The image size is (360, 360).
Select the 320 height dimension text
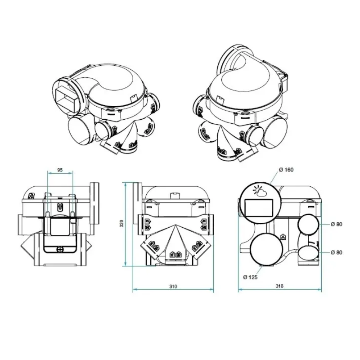121,224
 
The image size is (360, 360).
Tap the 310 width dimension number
173,286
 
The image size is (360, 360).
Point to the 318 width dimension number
279,286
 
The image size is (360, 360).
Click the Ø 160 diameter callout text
286,170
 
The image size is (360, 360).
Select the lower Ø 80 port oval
308,252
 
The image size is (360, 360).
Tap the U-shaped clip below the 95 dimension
60,207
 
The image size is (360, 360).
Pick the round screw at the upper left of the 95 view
31,196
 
